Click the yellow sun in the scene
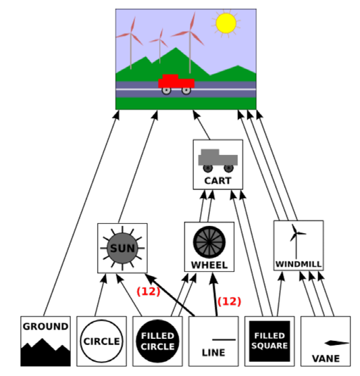click(x=226, y=23)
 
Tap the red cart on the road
click(x=176, y=84)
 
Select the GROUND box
click(x=45, y=342)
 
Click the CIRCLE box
click(x=101, y=342)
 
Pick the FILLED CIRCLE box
click(x=157, y=342)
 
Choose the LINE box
click(x=213, y=342)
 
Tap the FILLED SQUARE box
click(x=269, y=342)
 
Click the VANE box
click(x=326, y=342)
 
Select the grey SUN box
click(x=122, y=248)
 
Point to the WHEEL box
click(x=209, y=247)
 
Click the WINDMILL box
click(x=299, y=245)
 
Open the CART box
click(x=218, y=164)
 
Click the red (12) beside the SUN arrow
click(x=149, y=291)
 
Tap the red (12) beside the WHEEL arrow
click(x=229, y=301)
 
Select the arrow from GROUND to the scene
click(x=81, y=213)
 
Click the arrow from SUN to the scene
click(x=138, y=166)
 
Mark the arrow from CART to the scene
click(x=201, y=125)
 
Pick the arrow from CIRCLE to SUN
click(x=101, y=295)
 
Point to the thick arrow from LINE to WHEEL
click(x=215, y=294)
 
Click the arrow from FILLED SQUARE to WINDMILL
click(x=280, y=293)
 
